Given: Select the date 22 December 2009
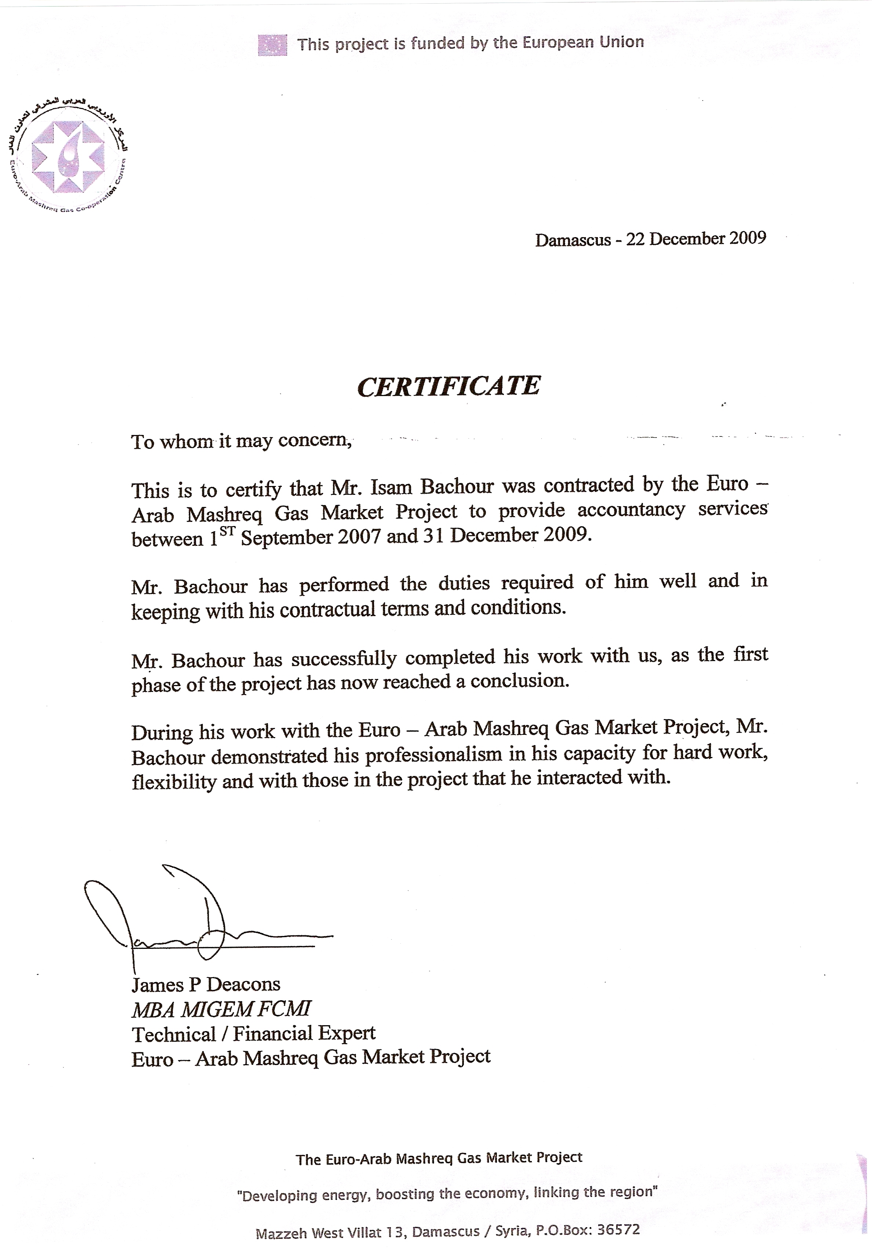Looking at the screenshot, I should (696, 239).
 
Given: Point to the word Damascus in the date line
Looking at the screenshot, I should (573, 240).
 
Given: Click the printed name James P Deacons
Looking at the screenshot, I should (206, 984).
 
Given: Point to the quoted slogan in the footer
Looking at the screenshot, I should (447, 1194).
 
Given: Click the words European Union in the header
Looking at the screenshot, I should (583, 43).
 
